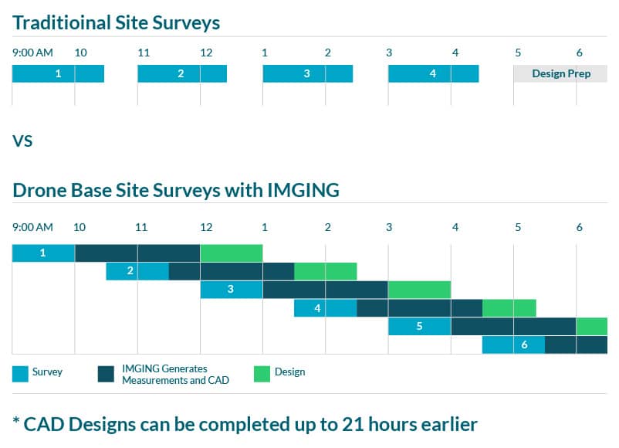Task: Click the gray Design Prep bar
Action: [560, 74]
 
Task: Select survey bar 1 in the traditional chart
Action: [58, 74]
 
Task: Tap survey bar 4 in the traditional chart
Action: [433, 74]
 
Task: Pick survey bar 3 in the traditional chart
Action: [307, 74]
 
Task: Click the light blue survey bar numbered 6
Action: [513, 344]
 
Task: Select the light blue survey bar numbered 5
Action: [419, 326]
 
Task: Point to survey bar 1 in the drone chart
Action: [43, 253]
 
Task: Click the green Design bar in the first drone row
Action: [232, 253]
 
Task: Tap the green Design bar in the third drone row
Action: [419, 290]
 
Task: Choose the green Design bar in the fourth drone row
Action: [509, 307]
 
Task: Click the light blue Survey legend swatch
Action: [21, 373]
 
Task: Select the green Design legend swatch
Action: [262, 373]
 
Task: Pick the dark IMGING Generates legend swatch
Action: [107, 373]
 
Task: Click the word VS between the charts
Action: [22, 141]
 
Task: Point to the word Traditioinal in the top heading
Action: [61, 22]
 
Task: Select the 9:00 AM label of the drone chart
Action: [32, 227]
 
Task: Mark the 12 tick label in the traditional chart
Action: [206, 53]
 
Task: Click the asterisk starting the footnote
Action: [16, 420]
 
